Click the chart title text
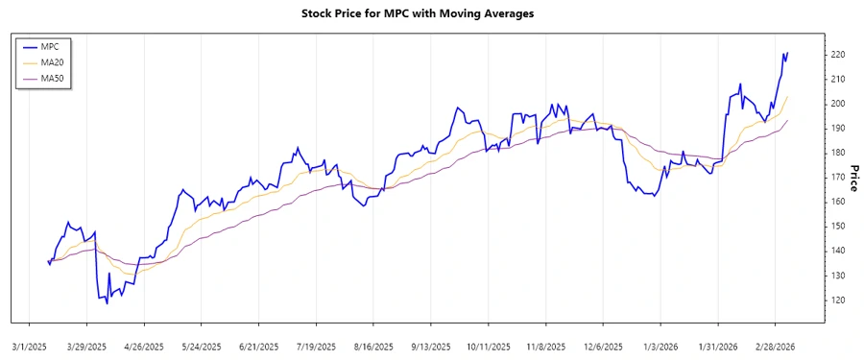[431, 13]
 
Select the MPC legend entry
[51, 46]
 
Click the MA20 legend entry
[53, 61]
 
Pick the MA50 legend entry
[53, 78]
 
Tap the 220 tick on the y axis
[838, 55]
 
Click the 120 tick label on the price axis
[838, 300]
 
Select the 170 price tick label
[838, 178]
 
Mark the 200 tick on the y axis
[838, 104]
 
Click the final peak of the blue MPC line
[787, 53]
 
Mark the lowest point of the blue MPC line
[107, 303]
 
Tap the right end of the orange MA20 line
[787, 96]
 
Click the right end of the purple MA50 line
[787, 120]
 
